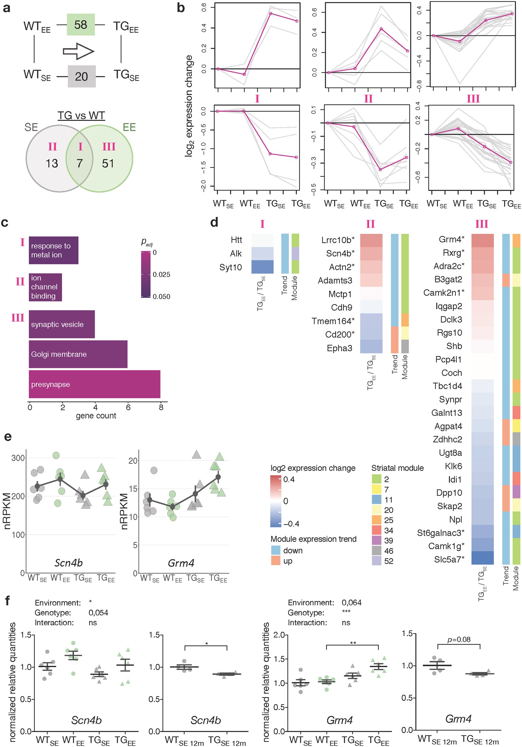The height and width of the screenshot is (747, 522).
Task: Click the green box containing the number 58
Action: click(x=80, y=24)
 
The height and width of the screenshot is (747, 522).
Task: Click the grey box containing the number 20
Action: click(x=81, y=76)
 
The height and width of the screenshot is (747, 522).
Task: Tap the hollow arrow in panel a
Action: click(x=78, y=51)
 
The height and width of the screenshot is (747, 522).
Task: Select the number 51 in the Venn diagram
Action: click(x=108, y=163)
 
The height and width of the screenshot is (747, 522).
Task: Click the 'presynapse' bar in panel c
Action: click(x=94, y=384)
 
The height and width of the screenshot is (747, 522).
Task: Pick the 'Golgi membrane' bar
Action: click(x=78, y=354)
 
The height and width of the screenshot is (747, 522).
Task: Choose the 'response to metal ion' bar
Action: click(x=54, y=250)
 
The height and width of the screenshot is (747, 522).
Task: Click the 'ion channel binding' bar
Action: click(x=45, y=287)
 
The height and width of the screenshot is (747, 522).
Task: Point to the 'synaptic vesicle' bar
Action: click(x=62, y=324)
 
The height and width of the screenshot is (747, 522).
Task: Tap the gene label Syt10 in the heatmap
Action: click(x=230, y=267)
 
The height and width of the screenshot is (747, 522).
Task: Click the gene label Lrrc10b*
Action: click(x=338, y=240)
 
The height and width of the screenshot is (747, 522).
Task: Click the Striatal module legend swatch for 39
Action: click(x=376, y=540)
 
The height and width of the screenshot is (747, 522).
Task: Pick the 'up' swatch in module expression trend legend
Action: click(x=276, y=561)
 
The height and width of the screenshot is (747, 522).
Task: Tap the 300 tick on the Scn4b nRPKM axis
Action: click(x=18, y=458)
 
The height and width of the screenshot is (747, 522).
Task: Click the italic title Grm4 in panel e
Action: click(x=181, y=563)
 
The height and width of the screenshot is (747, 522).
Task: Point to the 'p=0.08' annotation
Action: click(x=459, y=639)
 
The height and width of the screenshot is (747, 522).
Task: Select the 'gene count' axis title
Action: click(x=96, y=415)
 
